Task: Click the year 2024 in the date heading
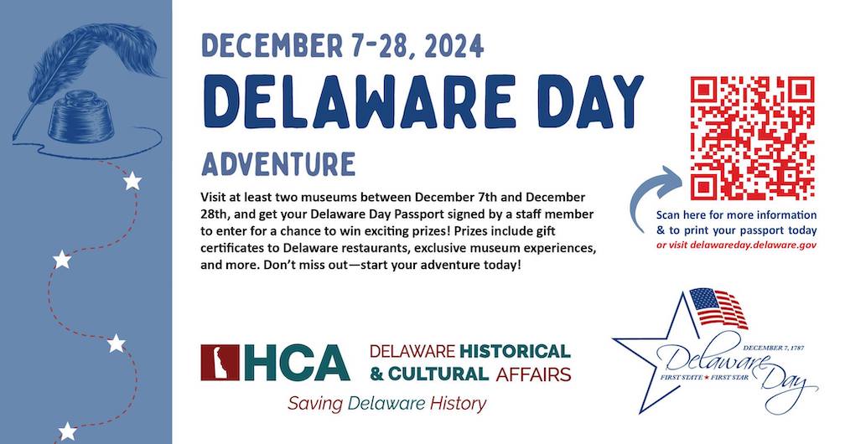(x=454, y=46)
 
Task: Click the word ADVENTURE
(x=278, y=164)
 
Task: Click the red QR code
(x=752, y=138)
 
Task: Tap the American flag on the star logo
(x=718, y=307)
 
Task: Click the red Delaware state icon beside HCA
(x=220, y=363)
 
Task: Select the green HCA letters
(x=297, y=363)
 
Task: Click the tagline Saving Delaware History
(x=387, y=404)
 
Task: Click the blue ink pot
(x=81, y=117)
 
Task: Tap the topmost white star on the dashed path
(x=132, y=181)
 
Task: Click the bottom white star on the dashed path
(x=67, y=431)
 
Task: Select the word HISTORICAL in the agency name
(x=515, y=351)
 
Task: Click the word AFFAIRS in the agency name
(x=533, y=374)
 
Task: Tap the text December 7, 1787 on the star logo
(x=773, y=348)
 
